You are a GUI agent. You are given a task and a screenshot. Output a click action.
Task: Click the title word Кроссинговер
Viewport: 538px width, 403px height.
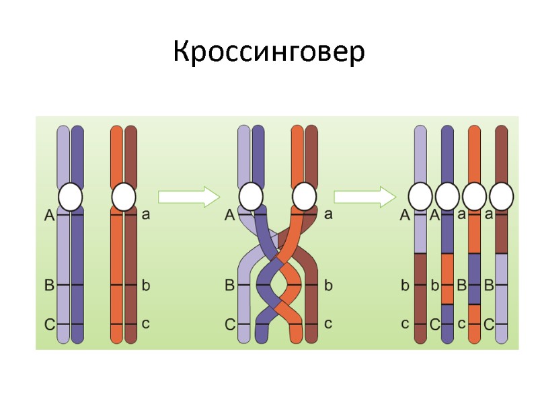269,52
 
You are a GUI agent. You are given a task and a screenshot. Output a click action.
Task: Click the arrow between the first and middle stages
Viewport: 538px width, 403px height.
189,197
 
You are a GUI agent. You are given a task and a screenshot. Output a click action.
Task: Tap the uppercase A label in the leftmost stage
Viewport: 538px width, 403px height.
49,215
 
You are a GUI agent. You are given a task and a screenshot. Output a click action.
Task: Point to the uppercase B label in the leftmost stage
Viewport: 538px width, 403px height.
49,285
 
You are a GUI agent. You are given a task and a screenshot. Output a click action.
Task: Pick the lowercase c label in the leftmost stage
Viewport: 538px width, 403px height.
145,323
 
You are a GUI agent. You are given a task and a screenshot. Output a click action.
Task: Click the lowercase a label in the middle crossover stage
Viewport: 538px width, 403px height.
329,215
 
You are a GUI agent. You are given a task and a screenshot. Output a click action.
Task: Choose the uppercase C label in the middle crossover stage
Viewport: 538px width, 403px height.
229,325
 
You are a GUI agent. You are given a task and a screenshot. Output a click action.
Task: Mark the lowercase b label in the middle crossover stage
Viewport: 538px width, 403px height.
329,285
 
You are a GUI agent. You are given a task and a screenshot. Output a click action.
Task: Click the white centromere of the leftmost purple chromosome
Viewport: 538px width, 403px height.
70,197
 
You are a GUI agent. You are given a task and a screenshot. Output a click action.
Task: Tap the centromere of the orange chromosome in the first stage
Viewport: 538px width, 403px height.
123,197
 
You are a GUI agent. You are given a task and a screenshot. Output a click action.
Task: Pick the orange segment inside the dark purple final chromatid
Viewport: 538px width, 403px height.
447,279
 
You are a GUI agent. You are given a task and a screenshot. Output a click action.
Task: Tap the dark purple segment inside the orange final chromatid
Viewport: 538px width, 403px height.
474,279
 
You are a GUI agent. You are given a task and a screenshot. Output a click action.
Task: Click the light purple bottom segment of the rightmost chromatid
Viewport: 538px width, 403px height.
501,296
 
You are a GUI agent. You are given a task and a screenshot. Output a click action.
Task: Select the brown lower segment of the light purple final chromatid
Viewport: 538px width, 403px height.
420,296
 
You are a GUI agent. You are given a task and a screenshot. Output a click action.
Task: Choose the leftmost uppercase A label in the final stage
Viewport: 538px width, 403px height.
405,215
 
